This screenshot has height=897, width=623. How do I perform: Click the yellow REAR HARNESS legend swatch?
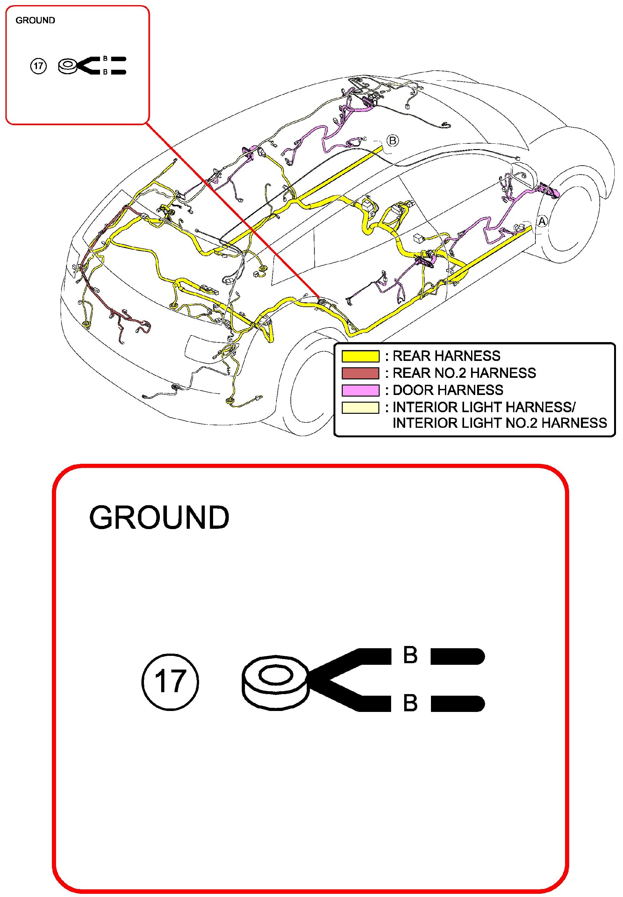pyautogui.click(x=360, y=356)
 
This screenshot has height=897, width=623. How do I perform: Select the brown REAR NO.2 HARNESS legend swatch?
pyautogui.click(x=360, y=373)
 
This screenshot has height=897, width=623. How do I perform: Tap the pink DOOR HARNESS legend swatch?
pyautogui.click(x=360, y=390)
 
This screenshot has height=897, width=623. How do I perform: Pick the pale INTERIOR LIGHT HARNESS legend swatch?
pyautogui.click(x=360, y=407)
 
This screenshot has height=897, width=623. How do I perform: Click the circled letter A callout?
pyautogui.click(x=542, y=221)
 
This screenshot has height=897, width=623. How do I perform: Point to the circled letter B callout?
pyautogui.click(x=393, y=140)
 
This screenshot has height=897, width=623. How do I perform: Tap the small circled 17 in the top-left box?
pyautogui.click(x=38, y=66)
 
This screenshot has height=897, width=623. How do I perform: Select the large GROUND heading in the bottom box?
pyautogui.click(x=159, y=518)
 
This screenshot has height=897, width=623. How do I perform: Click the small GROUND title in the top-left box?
pyautogui.click(x=35, y=20)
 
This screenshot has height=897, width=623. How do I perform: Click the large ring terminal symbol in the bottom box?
pyautogui.click(x=275, y=681)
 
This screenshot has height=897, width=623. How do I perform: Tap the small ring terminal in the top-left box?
pyautogui.click(x=68, y=66)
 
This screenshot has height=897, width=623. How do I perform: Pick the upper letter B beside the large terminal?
pyautogui.click(x=410, y=655)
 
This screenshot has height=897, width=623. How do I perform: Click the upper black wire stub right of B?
pyautogui.click(x=457, y=656)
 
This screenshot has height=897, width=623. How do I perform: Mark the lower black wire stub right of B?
pyautogui.click(x=457, y=703)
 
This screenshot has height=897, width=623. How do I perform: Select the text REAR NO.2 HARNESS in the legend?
pyautogui.click(x=464, y=373)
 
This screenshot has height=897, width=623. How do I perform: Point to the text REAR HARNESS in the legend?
pyautogui.click(x=446, y=356)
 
